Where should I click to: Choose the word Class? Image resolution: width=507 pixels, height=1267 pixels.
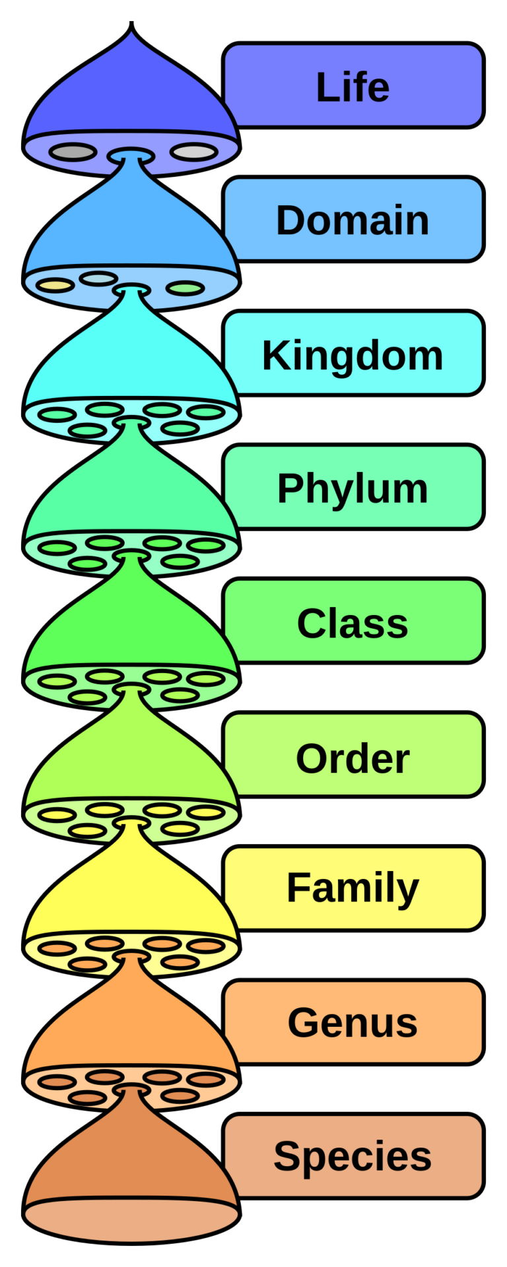[x=353, y=623]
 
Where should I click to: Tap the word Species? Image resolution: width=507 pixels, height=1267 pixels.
[x=353, y=1156]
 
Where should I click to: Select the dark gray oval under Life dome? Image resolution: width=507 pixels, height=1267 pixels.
[x=73, y=152]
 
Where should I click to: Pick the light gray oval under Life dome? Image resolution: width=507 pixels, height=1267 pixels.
[x=193, y=152]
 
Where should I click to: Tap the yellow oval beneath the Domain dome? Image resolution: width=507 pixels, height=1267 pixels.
[x=55, y=286]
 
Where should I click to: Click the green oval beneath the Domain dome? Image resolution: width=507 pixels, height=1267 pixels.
[x=186, y=288]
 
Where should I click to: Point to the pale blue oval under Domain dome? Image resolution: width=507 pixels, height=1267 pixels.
[x=98, y=278]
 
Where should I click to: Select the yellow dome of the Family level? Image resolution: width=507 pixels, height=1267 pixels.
[x=131, y=891]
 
